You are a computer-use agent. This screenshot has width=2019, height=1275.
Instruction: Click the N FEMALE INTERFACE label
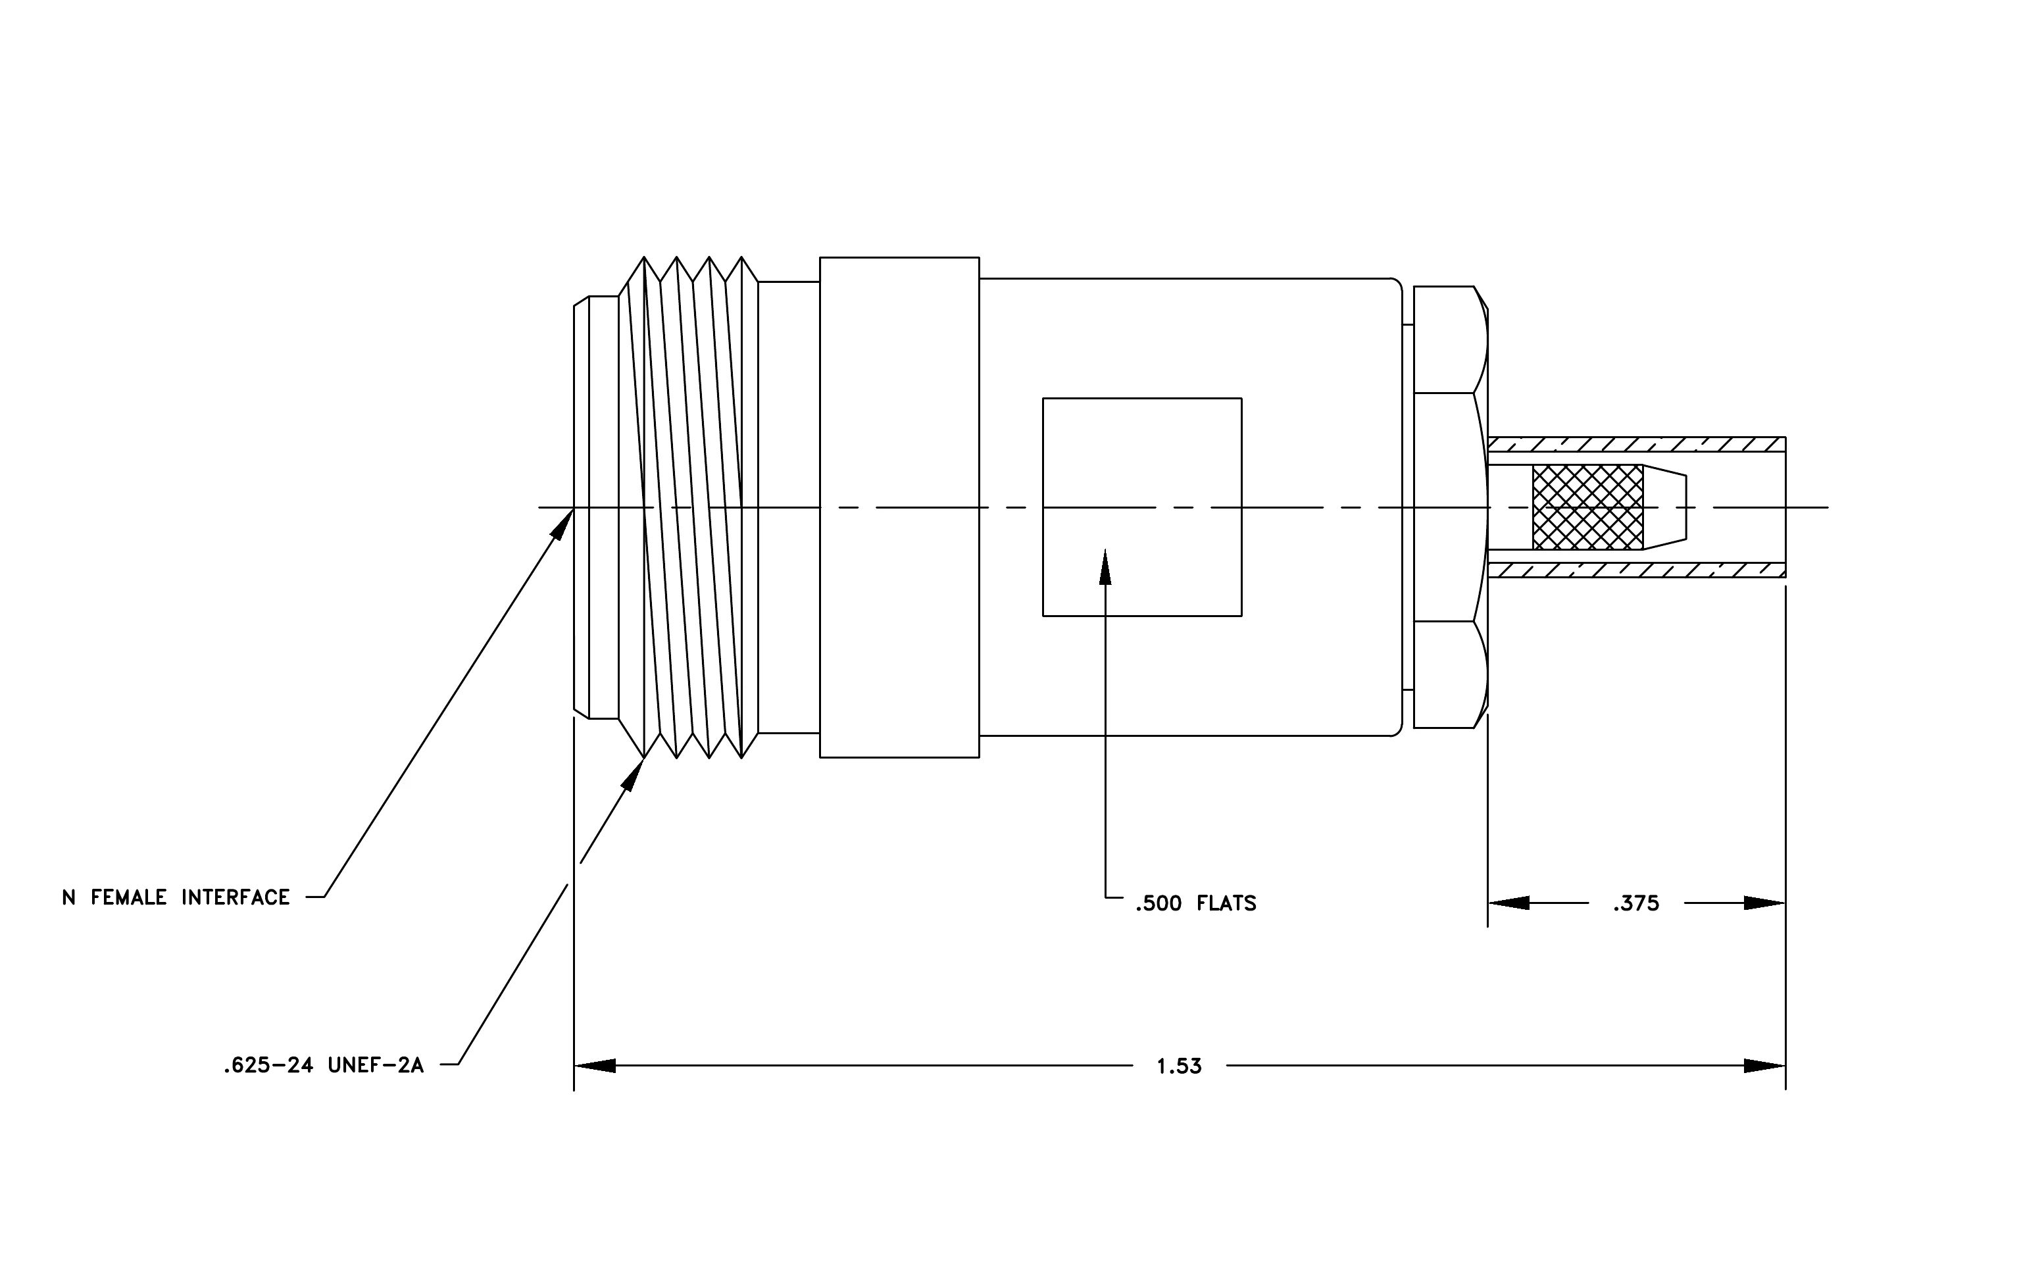tap(176, 898)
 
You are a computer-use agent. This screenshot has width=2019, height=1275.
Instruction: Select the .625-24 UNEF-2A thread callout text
tap(324, 1065)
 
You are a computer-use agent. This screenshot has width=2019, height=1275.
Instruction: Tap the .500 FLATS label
tap(1195, 904)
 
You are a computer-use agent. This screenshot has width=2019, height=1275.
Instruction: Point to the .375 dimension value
tap(1636, 904)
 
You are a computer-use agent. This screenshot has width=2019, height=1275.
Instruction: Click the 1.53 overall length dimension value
tap(1179, 1066)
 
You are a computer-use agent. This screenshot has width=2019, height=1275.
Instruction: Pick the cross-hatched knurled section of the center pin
tap(1588, 507)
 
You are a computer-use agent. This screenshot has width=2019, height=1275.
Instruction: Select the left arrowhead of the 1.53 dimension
tap(595, 1066)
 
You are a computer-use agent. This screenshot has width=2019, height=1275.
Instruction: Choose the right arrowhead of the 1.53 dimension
tap(1765, 1066)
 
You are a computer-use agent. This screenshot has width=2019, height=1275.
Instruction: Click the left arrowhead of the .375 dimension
tap(1508, 904)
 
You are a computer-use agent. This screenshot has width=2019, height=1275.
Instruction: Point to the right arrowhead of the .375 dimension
tap(1765, 904)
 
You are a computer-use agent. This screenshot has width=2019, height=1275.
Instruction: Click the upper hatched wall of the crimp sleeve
tap(1637, 444)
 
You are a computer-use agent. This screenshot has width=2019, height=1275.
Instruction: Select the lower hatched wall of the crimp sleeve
tap(1637, 570)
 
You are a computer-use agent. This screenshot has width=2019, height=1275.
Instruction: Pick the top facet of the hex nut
tap(1451, 339)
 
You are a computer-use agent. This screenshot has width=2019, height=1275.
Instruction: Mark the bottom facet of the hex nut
tap(1451, 675)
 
